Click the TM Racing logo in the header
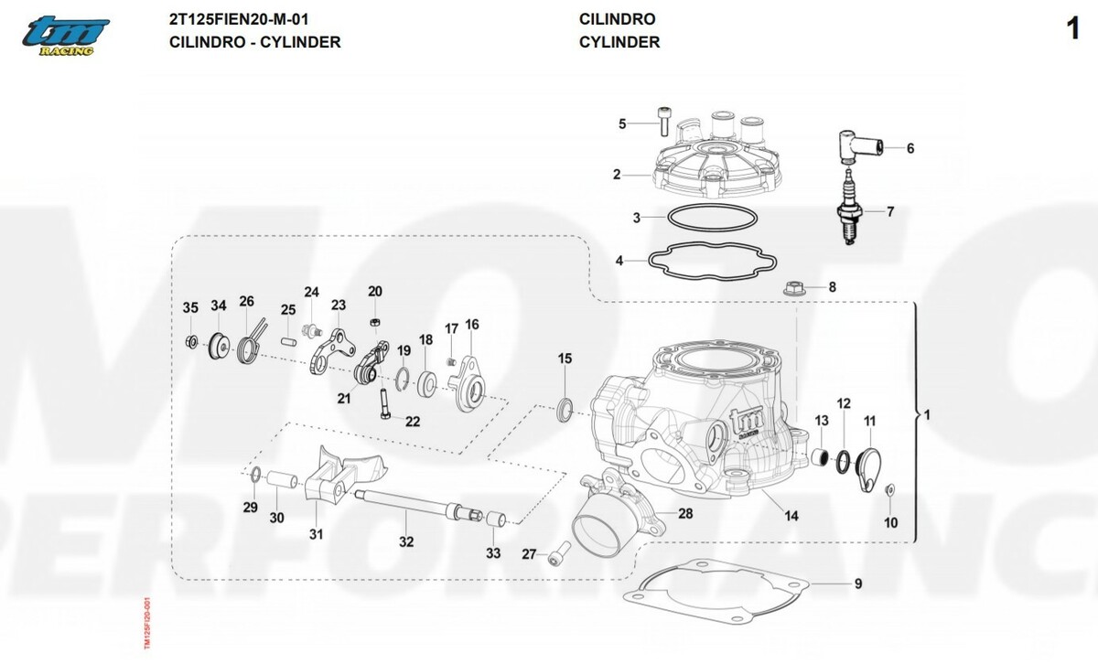click(67, 36)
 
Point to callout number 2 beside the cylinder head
click(617, 174)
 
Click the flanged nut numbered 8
click(793, 289)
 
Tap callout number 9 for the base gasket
click(857, 584)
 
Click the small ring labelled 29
click(257, 474)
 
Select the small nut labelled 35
click(190, 342)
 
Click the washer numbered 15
click(565, 405)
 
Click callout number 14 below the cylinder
click(791, 517)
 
